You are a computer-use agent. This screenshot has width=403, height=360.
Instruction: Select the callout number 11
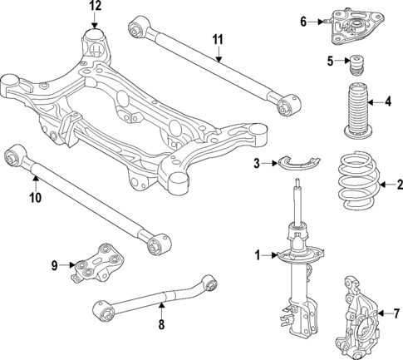point(218,39)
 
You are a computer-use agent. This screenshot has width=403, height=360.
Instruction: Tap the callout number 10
point(35,199)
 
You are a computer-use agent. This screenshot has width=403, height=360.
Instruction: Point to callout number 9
point(55,266)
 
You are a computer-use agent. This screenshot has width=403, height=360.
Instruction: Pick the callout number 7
point(395,313)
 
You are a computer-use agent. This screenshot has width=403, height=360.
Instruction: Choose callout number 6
point(303,21)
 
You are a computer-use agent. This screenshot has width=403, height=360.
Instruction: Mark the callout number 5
point(329,61)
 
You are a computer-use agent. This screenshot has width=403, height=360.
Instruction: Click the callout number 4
point(388,102)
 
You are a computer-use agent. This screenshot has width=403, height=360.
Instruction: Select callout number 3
point(258,163)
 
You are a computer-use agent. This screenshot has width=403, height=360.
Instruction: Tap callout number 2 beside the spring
point(398,185)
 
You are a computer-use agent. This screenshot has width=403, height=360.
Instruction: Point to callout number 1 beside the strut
point(258,254)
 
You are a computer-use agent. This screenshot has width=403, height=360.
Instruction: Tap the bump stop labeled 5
point(360,64)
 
